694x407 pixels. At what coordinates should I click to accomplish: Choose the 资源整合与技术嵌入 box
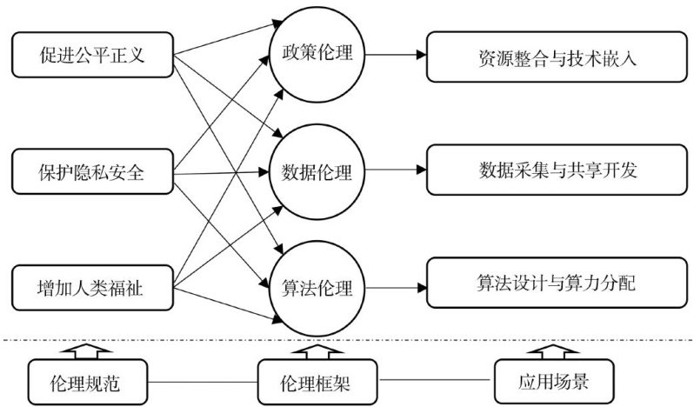pos(557,58)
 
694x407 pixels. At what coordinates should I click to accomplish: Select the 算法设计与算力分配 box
pos(557,282)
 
